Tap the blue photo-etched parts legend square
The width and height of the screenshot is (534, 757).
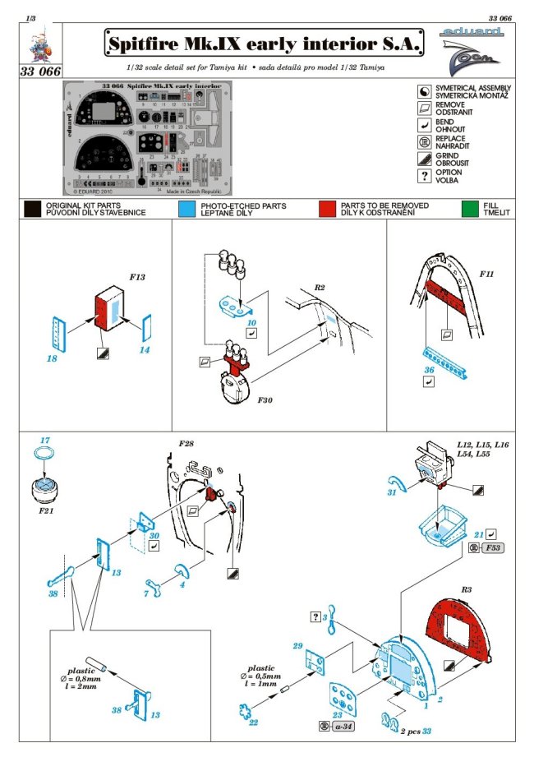point(186,209)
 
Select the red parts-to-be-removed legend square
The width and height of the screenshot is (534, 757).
point(327,209)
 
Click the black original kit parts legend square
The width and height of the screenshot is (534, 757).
point(33,209)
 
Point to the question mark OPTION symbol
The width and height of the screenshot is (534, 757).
point(425,176)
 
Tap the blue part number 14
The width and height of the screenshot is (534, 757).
point(145,351)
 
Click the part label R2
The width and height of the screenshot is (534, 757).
point(320,288)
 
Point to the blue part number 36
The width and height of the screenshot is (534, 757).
point(428,370)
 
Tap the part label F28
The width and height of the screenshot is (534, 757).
point(186,445)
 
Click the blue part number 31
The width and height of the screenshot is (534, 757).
point(392,492)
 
